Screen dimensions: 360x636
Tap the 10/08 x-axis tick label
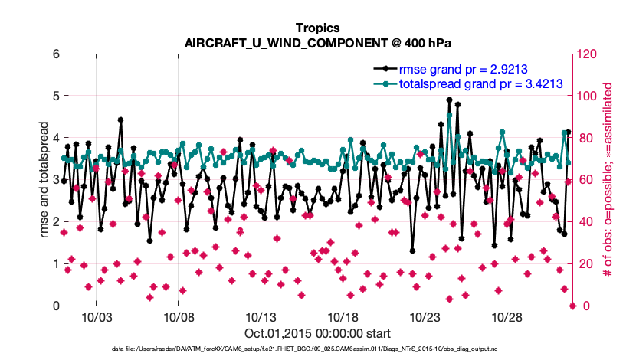pos(179,318)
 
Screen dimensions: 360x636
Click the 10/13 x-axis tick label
pos(261,318)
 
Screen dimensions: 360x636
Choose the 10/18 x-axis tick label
pos(343,318)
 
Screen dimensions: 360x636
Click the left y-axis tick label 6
pos(55,54)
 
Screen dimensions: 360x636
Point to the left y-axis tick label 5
pos(55,97)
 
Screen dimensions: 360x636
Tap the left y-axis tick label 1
pos(55,264)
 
